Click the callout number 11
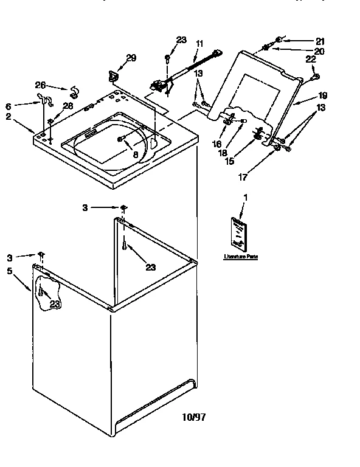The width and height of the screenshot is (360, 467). (199, 43)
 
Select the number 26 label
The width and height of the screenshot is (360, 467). (40, 85)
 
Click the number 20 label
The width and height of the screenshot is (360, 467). (319, 51)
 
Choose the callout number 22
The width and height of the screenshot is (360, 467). (310, 59)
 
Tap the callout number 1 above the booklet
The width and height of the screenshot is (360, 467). (245, 197)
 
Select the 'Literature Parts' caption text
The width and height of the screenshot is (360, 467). (241, 257)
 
